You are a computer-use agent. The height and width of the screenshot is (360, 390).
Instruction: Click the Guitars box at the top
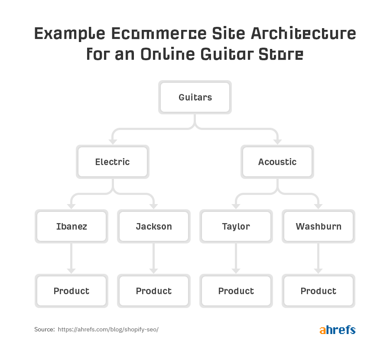coord(195,97)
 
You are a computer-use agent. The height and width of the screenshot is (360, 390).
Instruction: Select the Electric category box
coord(113,162)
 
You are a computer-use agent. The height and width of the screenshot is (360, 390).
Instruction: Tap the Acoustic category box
coord(277,162)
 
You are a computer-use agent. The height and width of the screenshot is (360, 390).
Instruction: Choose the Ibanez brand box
coord(71,226)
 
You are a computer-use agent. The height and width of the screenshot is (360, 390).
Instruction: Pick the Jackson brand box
coord(154,226)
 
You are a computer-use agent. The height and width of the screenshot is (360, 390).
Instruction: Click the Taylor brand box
coord(236,226)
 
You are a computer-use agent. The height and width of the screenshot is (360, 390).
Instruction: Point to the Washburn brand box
coord(318,226)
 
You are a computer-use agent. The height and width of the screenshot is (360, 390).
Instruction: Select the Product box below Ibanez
coord(71,291)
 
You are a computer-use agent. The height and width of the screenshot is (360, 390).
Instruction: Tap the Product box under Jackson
coord(154,291)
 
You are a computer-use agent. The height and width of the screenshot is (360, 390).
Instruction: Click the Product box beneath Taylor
coord(236,291)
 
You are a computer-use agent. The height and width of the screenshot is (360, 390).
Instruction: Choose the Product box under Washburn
coord(318,291)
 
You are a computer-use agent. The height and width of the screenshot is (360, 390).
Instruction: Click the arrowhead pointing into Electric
coord(113,142)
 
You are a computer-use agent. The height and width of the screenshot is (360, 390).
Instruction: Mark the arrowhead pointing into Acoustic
coord(277,142)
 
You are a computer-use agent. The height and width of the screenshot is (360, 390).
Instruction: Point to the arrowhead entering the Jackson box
coord(154,206)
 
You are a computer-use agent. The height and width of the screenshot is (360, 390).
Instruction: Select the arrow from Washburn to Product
coord(318,258)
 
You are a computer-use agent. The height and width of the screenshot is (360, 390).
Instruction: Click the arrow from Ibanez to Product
coord(71,258)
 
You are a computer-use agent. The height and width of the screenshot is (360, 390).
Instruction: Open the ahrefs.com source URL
coord(108,329)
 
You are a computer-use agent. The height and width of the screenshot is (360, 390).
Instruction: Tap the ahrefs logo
coord(338,330)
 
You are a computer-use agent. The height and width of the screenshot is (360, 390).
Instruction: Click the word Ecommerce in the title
coord(159,34)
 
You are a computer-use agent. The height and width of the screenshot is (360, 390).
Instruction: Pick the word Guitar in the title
coord(227,54)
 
